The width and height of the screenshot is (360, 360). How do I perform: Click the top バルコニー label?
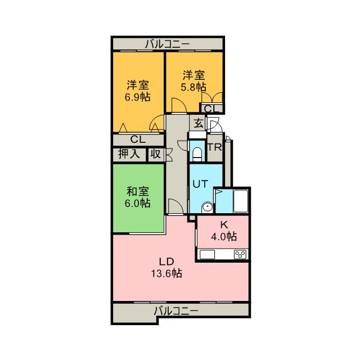click(x=167, y=43)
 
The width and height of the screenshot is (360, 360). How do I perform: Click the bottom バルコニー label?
click(x=175, y=311)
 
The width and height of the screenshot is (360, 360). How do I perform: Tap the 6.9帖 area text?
click(x=138, y=96)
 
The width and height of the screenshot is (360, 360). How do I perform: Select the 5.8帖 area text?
click(x=193, y=87)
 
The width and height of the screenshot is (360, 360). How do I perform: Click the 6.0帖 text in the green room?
click(x=138, y=204)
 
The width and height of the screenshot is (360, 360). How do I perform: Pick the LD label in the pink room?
click(x=165, y=262)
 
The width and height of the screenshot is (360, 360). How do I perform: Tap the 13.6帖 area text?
click(x=165, y=274)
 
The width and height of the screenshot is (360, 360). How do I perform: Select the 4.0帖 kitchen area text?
click(x=224, y=236)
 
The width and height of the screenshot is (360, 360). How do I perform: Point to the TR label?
click(x=215, y=148)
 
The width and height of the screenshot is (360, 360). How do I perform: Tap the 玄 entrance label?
click(x=199, y=124)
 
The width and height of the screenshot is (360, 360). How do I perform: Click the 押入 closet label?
click(x=129, y=154)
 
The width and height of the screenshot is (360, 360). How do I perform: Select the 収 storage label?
click(x=156, y=154)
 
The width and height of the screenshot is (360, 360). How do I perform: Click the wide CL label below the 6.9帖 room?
click(x=138, y=139)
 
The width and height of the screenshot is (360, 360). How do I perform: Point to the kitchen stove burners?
click(x=241, y=255)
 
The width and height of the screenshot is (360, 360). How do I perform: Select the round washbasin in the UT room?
click(x=208, y=208)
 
